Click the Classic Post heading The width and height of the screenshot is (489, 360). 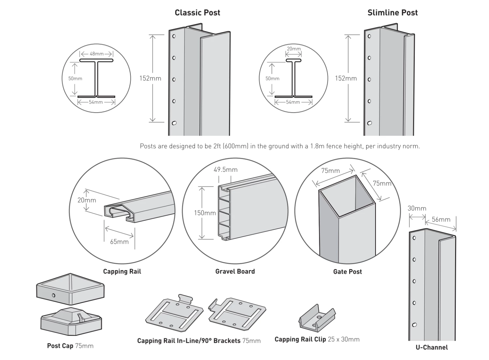pyautogui.click(x=197, y=13)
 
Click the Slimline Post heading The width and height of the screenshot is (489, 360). pyautogui.click(x=392, y=13)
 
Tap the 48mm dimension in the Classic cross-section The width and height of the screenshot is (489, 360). pyautogui.click(x=96, y=54)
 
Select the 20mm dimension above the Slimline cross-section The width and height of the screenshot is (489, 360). pyautogui.click(x=294, y=49)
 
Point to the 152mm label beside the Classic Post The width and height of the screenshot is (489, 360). pyautogui.click(x=150, y=78)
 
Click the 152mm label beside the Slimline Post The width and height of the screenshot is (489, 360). pyautogui.click(x=346, y=78)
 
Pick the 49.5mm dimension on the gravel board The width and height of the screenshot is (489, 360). pyautogui.click(x=225, y=170)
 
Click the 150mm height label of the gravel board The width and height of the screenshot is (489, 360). pyautogui.click(x=205, y=213)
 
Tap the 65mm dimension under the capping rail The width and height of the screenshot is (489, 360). pyautogui.click(x=119, y=242)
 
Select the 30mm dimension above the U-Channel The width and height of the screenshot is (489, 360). pyautogui.click(x=417, y=208)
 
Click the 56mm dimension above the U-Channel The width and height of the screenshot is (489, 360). pyautogui.click(x=441, y=219)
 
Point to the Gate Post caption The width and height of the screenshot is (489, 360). pyautogui.click(x=347, y=272)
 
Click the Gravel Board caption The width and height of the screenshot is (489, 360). pyautogui.click(x=235, y=271)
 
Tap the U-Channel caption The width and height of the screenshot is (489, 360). pyautogui.click(x=431, y=347)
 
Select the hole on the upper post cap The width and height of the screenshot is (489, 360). pyautogui.click(x=53, y=295)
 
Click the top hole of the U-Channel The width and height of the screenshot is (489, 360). pyautogui.click(x=414, y=238)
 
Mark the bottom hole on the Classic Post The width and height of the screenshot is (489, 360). pyautogui.click(x=174, y=123)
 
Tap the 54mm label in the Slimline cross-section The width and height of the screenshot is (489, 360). pyautogui.click(x=293, y=102)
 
